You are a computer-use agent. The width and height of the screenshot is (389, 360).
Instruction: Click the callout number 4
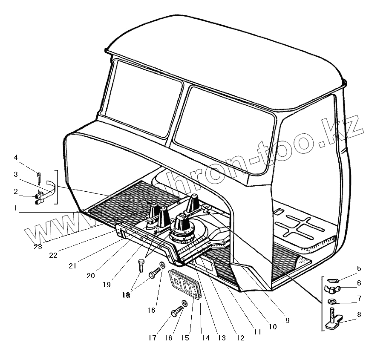(x=16, y=158)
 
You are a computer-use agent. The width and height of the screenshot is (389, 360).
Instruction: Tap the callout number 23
(x=38, y=247)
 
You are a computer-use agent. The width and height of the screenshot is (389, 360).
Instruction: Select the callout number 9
(x=287, y=320)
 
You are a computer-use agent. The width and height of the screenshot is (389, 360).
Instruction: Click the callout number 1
(x=16, y=208)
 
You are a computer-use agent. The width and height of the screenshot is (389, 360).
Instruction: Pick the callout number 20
(x=90, y=276)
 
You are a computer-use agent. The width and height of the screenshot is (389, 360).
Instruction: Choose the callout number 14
(x=205, y=338)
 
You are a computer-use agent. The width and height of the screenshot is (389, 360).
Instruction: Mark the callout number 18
(x=126, y=295)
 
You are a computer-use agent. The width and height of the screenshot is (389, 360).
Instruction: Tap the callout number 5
(x=359, y=269)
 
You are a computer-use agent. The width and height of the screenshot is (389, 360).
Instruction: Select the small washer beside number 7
(x=333, y=302)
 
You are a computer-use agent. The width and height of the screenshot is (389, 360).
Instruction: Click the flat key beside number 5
(x=333, y=280)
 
